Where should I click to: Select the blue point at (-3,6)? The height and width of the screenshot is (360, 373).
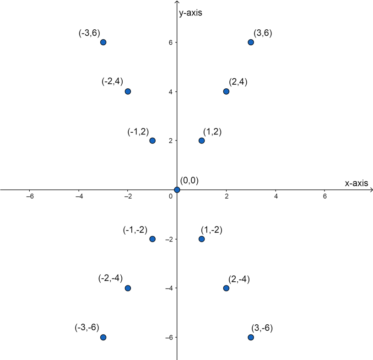click(x=103, y=42)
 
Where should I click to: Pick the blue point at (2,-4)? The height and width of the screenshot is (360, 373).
click(x=226, y=288)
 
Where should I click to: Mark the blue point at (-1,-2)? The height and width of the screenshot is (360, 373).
click(x=152, y=239)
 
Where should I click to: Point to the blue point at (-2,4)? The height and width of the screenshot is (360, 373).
click(x=128, y=91)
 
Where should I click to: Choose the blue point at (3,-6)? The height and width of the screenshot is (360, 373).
click(x=251, y=337)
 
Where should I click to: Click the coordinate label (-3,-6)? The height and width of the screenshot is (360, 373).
click(x=87, y=328)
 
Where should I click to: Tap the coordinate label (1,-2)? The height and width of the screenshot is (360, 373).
click(x=211, y=230)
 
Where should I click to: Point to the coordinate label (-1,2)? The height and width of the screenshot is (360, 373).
click(x=138, y=132)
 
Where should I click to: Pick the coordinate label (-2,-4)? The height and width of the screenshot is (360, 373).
click(x=110, y=279)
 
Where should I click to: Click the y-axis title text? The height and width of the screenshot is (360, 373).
click(x=190, y=13)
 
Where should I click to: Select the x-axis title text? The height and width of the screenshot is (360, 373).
click(x=356, y=183)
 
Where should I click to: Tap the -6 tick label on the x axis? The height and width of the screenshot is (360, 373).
click(x=30, y=196)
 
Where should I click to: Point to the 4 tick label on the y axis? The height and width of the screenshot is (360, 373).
click(x=169, y=91)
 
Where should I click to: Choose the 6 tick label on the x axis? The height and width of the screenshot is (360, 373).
click(x=324, y=196)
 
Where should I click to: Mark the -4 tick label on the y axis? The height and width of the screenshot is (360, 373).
click(x=168, y=288)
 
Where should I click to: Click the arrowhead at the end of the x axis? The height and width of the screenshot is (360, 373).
click(x=371, y=189)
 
